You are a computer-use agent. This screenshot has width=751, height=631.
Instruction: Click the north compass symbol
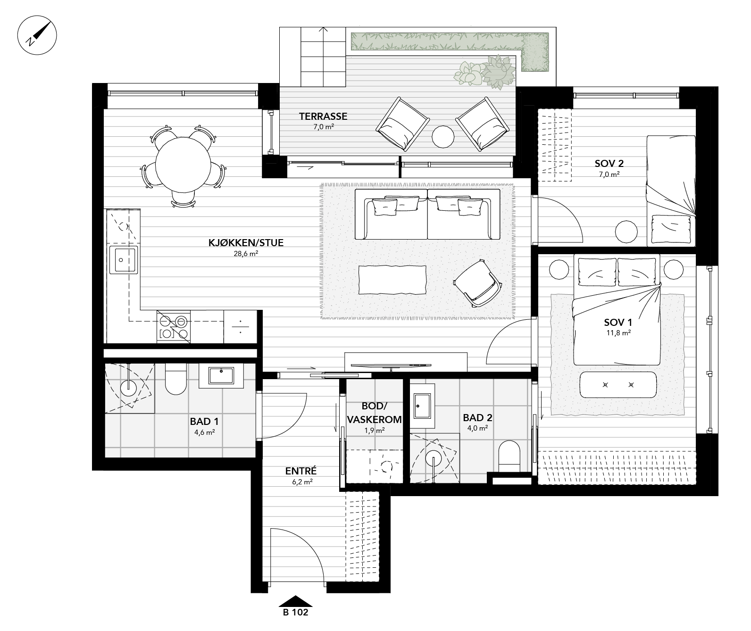(37, 36)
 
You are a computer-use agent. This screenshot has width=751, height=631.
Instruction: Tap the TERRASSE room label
(323, 116)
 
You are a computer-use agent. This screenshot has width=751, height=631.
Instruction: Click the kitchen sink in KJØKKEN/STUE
(123, 259)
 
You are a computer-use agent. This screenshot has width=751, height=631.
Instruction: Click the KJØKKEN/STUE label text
(246, 243)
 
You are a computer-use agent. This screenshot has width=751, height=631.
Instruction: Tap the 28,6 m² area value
(246, 254)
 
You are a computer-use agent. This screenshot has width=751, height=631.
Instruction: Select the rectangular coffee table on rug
(392, 280)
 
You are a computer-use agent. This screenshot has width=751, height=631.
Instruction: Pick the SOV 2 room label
(609, 164)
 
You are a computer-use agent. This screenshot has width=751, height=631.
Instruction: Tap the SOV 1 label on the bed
(618, 323)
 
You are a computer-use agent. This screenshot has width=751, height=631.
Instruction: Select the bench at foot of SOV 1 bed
(618, 385)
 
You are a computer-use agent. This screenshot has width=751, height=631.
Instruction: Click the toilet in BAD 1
(176, 380)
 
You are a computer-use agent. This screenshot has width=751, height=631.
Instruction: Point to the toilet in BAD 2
(509, 456)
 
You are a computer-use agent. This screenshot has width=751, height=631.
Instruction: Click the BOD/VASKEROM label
(375, 413)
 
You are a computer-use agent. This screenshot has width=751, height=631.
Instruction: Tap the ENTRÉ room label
(300, 471)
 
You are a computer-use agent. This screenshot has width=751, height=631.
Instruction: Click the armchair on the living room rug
(477, 283)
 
